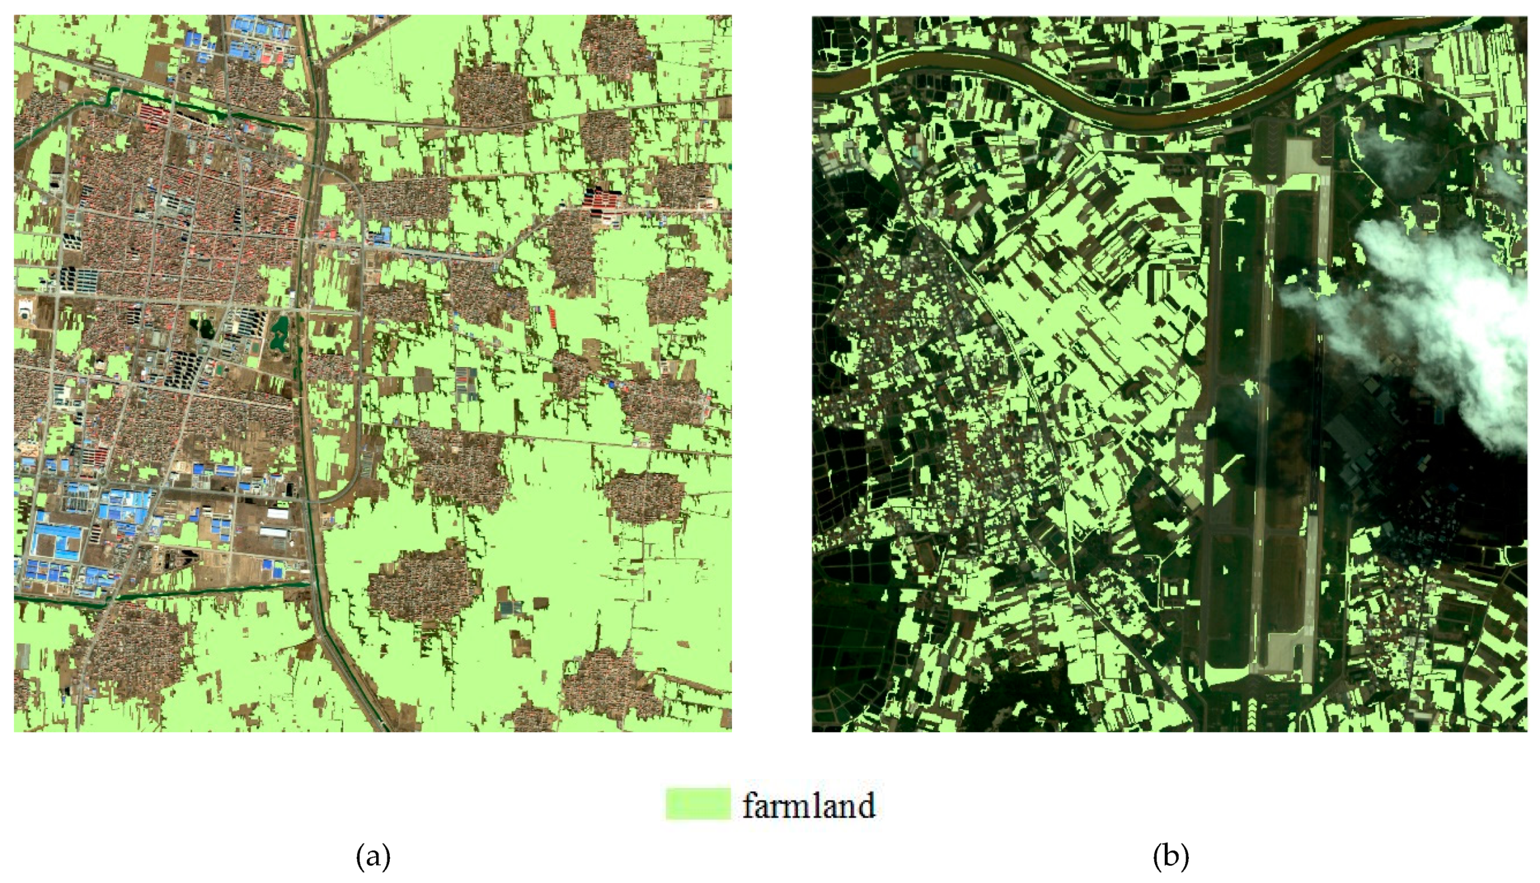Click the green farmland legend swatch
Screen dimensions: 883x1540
[698, 804]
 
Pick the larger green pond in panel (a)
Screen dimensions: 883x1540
[280, 333]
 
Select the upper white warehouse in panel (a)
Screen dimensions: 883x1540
[278, 513]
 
